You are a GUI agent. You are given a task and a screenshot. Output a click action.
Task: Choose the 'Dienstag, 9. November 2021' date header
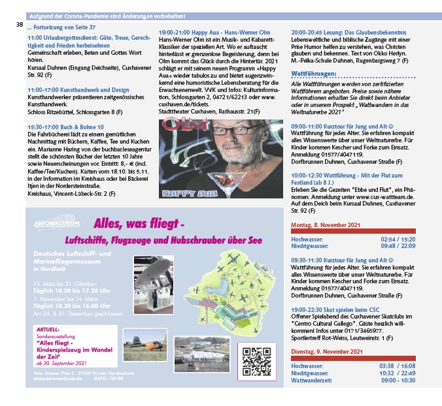pos(326,353)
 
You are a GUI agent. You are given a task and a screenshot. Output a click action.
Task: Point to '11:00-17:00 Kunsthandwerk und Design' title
pos(78,89)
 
